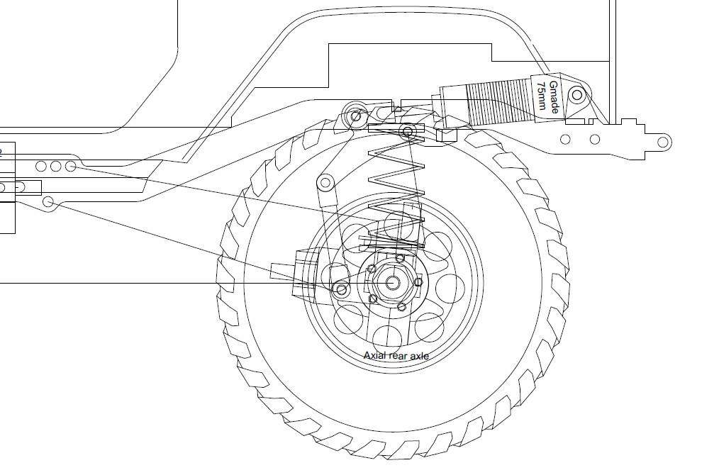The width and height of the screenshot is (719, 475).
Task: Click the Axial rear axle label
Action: pyautogui.click(x=396, y=355)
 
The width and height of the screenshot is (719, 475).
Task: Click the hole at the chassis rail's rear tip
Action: pyautogui.click(x=662, y=142)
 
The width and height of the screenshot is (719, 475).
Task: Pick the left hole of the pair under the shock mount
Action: pyautogui.click(x=565, y=139)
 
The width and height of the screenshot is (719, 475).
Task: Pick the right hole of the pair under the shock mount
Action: pyautogui.click(x=595, y=139)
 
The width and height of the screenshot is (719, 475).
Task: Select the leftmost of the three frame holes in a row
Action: pyautogui.click(x=40, y=166)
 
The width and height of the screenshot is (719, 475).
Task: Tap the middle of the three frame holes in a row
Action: pyautogui.click(x=55, y=166)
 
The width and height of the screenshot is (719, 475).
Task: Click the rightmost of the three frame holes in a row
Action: pyautogui.click(x=71, y=166)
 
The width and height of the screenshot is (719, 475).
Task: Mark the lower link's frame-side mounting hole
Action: pyautogui.click(x=48, y=202)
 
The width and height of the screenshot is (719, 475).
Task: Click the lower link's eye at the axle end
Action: pyautogui.click(x=342, y=289)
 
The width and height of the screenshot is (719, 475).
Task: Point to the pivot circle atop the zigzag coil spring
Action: pyautogui.click(x=407, y=131)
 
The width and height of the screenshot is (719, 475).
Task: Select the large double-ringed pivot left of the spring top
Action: pyautogui.click(x=355, y=115)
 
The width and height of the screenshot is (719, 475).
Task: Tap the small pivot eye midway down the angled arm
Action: pyautogui.click(x=325, y=184)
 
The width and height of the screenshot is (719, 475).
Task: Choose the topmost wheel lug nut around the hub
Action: pyautogui.click(x=400, y=257)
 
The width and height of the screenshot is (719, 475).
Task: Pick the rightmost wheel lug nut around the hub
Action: pyautogui.click(x=418, y=282)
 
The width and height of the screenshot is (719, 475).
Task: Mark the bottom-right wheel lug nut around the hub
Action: pyautogui.click(x=401, y=307)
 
